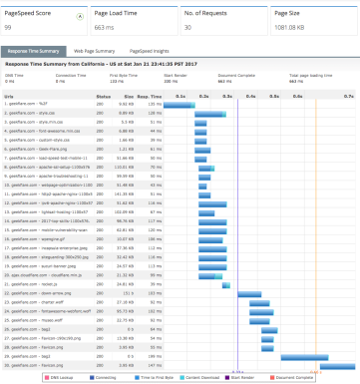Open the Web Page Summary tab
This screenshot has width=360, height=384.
[94, 48]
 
